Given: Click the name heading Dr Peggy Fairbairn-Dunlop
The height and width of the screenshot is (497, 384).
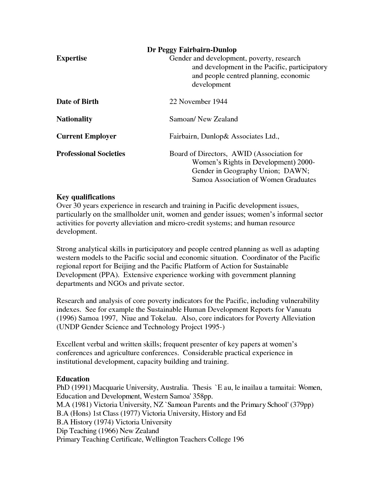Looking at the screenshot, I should click(192, 50).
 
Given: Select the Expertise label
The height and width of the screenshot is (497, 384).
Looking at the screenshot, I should click(72, 58).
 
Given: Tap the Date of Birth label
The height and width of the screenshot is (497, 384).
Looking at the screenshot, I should click(77, 102).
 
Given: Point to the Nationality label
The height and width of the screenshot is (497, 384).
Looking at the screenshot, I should click(74, 119).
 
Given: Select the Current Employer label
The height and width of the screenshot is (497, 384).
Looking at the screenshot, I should click(86, 136).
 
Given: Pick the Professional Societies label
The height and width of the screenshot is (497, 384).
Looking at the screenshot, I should click(91, 154).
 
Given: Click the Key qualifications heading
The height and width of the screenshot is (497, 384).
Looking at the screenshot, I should click(86, 197).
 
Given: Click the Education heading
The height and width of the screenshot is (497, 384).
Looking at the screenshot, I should click(73, 379).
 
